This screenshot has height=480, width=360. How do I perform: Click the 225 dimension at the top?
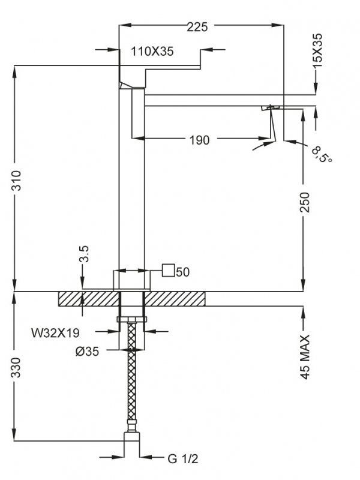(x=197, y=27)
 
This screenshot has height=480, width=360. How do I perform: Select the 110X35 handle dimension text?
(x=152, y=51)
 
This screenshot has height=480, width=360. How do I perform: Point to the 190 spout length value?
(x=200, y=140)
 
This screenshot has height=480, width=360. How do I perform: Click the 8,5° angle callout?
(x=322, y=155)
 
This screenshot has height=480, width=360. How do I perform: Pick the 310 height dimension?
(x=16, y=181)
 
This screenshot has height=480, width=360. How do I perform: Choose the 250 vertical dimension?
(x=305, y=202)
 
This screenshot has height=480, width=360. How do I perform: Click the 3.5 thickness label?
(x=83, y=253)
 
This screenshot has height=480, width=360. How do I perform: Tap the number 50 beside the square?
(x=183, y=272)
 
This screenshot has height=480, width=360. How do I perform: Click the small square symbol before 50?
(x=169, y=271)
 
